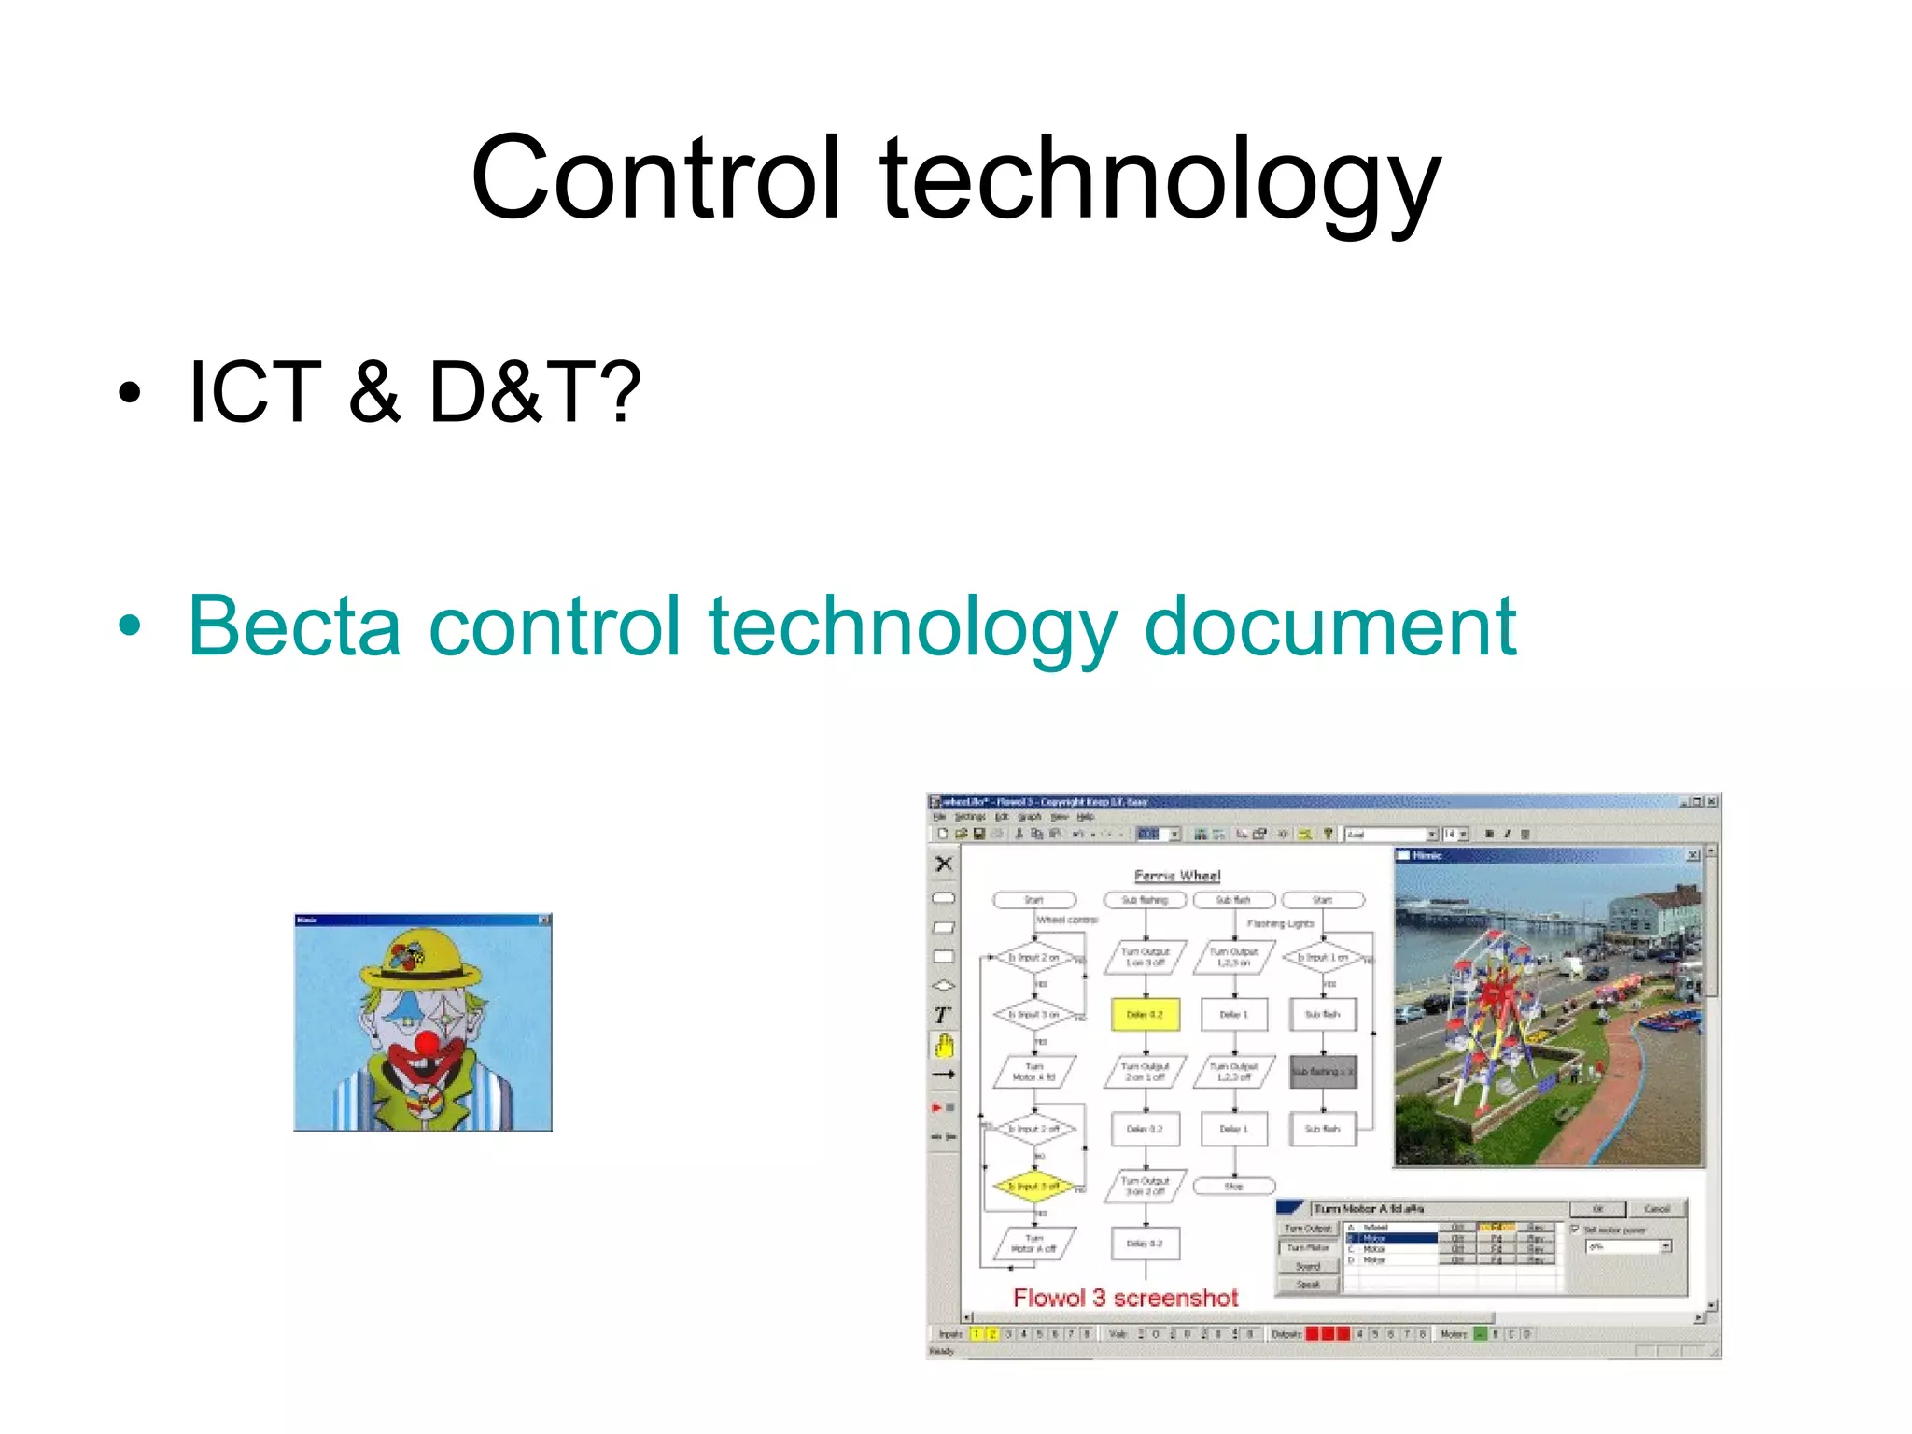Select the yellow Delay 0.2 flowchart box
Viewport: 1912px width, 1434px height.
(x=1145, y=1015)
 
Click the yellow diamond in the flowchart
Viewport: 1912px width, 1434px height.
(x=1034, y=1187)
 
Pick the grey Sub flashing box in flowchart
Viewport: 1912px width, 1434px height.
(x=1322, y=1072)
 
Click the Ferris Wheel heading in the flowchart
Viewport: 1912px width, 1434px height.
(x=1177, y=876)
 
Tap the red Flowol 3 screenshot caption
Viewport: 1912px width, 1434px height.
(x=1126, y=1298)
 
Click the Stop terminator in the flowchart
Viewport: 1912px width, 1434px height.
(x=1234, y=1187)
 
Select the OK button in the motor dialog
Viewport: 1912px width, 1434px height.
(x=1597, y=1209)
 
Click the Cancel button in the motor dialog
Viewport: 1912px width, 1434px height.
(x=1657, y=1209)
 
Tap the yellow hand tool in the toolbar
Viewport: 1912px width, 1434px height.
(x=945, y=1046)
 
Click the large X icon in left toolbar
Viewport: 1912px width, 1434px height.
(x=944, y=865)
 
